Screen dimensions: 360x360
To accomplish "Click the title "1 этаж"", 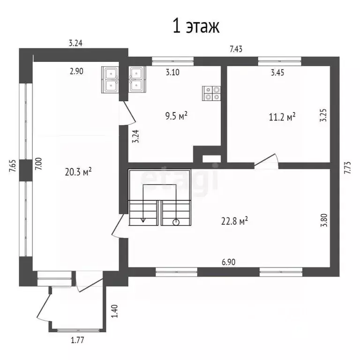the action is (196, 26).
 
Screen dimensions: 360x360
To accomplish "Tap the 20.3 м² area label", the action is (78, 171).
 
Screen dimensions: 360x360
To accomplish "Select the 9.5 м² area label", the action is (176, 115).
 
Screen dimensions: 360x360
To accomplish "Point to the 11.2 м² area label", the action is (282, 117).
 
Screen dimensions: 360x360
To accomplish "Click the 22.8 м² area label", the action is (234, 221).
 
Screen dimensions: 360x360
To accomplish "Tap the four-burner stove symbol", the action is (211, 93).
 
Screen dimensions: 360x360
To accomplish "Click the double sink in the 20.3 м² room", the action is (110, 80).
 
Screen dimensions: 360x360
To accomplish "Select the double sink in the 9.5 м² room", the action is (137, 79).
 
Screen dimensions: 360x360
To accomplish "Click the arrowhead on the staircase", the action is (143, 220).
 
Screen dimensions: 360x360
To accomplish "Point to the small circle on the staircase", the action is (176, 222).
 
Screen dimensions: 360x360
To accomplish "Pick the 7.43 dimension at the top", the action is (236, 49).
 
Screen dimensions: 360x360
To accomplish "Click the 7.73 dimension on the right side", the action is (348, 168).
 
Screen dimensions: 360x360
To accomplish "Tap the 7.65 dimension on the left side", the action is (12, 166).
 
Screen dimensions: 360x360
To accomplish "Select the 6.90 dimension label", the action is (228, 262).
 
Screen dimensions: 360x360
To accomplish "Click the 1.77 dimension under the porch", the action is (77, 340).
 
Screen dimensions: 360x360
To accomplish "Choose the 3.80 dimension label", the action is (324, 220).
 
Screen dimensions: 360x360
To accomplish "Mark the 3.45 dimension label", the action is (277, 73).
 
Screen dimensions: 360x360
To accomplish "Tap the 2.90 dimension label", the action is (76, 71).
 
